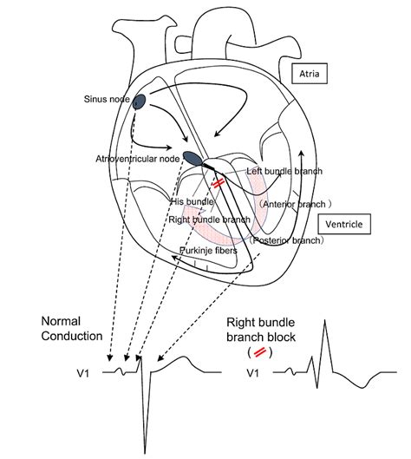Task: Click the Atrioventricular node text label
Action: click(x=138, y=160)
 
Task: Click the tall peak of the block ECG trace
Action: click(x=324, y=323)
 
